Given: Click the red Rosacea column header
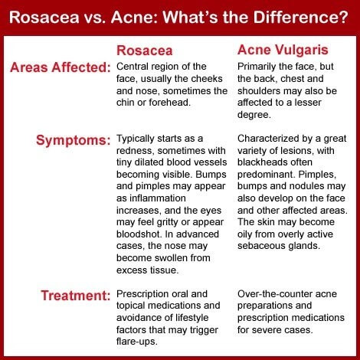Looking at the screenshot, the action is (145, 51).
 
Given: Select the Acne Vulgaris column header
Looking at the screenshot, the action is (283, 51).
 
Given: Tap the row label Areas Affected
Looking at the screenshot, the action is (61, 67).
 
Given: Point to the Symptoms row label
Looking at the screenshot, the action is (74, 140).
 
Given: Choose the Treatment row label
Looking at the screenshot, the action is (76, 296).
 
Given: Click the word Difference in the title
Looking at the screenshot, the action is (300, 17).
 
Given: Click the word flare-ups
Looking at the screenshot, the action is (137, 342).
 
